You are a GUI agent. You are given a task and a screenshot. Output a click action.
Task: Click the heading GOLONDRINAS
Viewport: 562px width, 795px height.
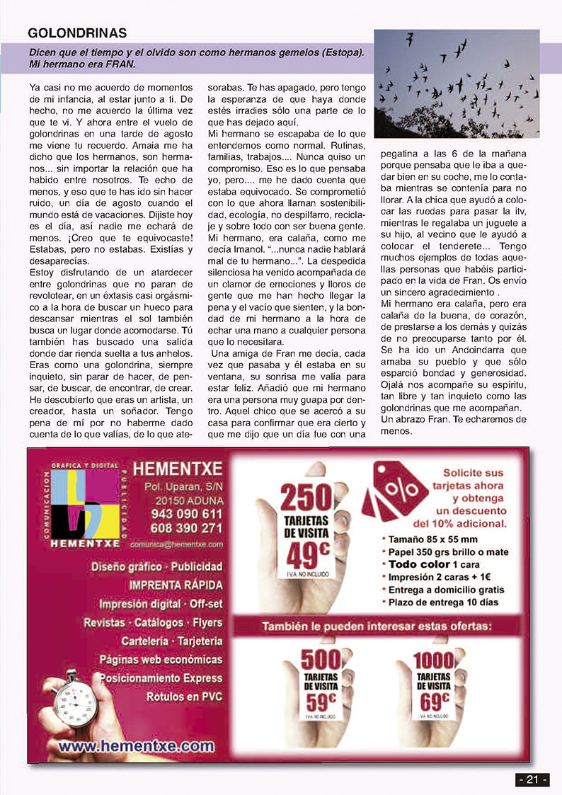click(77, 33)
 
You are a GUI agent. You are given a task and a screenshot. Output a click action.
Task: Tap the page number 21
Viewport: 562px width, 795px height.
click(532, 779)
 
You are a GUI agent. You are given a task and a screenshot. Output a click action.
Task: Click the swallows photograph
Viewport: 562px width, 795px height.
click(457, 73)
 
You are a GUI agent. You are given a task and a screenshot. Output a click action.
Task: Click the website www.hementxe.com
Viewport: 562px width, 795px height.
click(136, 745)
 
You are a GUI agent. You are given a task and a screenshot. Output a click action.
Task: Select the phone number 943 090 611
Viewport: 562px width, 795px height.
click(186, 514)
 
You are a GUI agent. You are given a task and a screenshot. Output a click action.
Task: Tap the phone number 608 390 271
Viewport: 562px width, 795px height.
click(186, 528)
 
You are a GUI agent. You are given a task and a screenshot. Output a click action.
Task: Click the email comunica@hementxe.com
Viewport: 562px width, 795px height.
click(177, 544)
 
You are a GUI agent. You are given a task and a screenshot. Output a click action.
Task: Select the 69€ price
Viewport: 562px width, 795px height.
click(434, 701)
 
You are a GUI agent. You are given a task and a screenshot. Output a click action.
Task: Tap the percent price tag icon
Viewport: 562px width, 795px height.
click(393, 491)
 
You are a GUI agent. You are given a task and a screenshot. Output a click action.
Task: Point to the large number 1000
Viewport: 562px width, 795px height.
click(434, 660)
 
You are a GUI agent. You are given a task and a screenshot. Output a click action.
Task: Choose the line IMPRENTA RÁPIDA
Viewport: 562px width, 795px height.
click(176, 585)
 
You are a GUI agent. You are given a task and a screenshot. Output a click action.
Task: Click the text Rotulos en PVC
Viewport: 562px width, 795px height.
click(184, 697)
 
